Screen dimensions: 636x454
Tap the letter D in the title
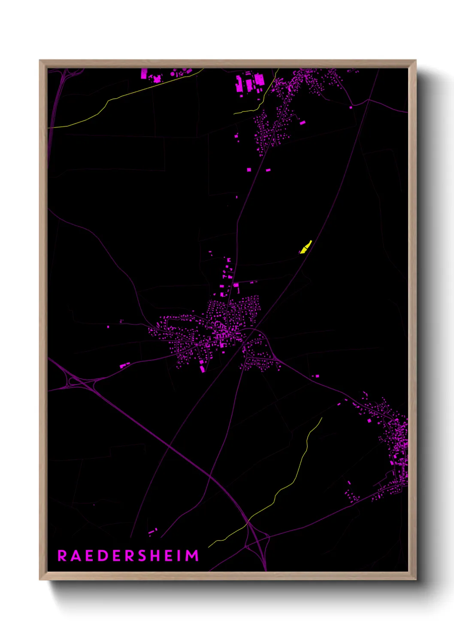[x=103, y=556]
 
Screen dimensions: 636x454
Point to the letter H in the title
[x=157, y=556]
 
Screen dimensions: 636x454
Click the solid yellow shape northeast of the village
[x=306, y=248]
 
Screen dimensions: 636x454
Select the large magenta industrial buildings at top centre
[x=249, y=83]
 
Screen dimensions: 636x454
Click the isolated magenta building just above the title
[x=152, y=532]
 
